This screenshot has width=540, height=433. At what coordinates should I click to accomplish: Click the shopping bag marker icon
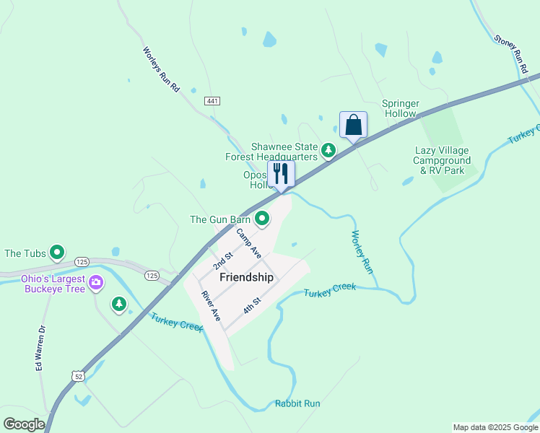353,125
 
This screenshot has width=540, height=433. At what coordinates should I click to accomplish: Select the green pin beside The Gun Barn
262,218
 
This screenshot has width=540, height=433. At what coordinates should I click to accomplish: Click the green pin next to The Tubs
56,253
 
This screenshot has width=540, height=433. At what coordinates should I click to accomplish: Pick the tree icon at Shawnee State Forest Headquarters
328,150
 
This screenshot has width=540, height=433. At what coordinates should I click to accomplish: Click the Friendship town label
246,277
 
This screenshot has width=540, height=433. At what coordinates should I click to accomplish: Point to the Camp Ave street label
248,244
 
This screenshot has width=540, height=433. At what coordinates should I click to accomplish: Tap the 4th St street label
251,304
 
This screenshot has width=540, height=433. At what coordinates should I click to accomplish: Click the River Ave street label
211,306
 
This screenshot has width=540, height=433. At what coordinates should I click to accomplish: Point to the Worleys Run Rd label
160,69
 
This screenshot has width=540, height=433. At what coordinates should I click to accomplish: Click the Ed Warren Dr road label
40,350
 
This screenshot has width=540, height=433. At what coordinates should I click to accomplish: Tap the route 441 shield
212,101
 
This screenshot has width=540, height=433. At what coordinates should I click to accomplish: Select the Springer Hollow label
399,108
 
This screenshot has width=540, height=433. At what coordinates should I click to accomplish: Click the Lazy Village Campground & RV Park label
442,160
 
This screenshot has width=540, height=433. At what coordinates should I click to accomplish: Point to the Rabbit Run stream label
297,403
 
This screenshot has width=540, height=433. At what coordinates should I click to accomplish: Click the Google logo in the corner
24,424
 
